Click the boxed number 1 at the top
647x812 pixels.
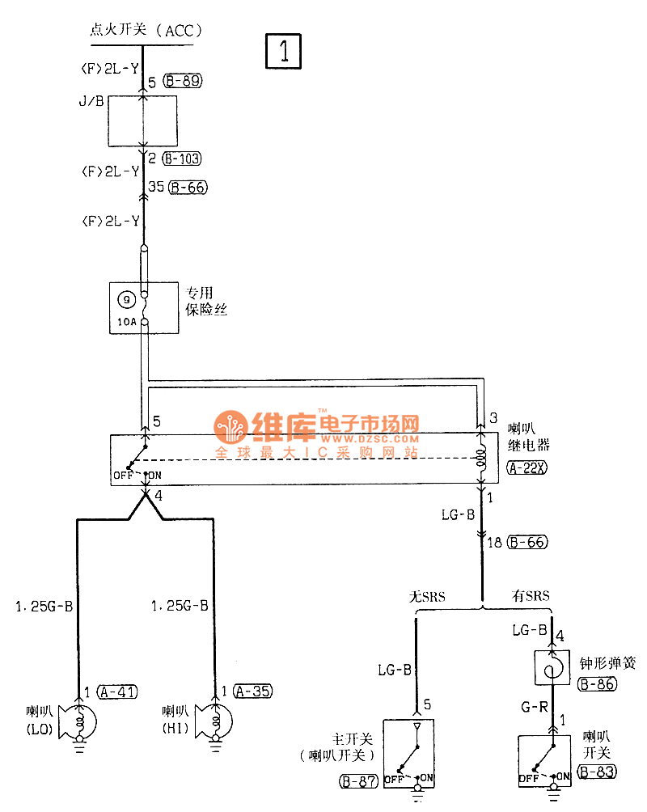coord(284,51)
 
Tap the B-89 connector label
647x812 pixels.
coord(182,81)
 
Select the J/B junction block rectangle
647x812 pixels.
coord(143,121)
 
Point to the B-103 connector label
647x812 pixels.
coord(182,159)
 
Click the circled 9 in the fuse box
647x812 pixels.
coord(126,300)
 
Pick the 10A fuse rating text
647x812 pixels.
coord(126,322)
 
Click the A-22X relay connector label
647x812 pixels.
coord(527,467)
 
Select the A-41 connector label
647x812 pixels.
coord(117,691)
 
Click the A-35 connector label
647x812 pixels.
coord(253,691)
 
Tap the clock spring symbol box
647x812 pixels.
coord(552,670)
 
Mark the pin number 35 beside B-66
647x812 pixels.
coord(156,188)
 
